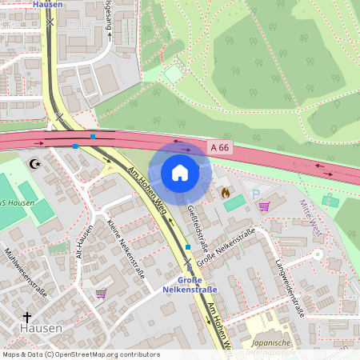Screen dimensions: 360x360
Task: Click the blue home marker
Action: click(180, 172)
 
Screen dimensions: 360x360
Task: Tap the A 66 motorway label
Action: click(220, 147)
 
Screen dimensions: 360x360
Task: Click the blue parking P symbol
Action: click(256, 194)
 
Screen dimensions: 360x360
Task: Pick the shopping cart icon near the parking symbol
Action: click(263, 206)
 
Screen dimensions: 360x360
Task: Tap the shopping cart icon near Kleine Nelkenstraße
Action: click(101, 294)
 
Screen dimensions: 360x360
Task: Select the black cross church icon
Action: click(26, 317)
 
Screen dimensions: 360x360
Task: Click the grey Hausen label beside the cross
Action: click(36, 329)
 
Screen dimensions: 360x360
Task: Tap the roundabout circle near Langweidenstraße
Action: click(318, 254)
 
